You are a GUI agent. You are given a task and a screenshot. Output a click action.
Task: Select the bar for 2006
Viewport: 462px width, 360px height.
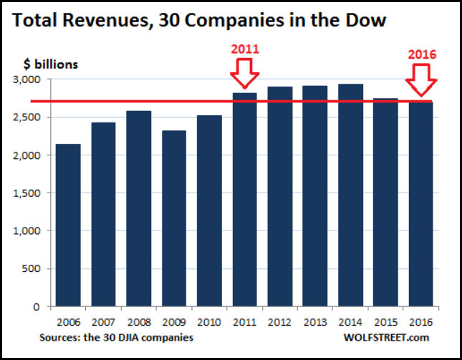coord(68,225)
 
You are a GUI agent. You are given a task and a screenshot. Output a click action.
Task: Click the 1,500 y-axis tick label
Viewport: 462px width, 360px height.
coord(29,193)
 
